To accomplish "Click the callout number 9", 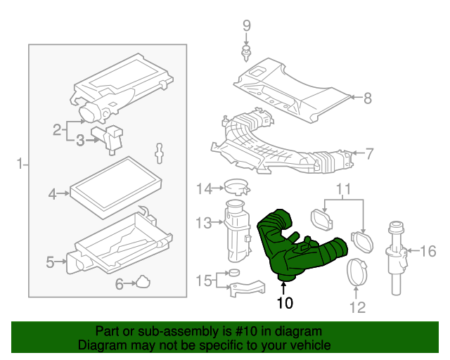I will click(247, 26).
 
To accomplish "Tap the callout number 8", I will click(367, 98).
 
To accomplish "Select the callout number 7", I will click(369, 153).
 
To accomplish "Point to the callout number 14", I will click(204, 188).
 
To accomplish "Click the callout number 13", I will click(203, 223).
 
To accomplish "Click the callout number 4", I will click(52, 193).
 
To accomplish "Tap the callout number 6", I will click(119, 283).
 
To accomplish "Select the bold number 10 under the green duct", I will click(284, 304).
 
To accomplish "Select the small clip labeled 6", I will click(143, 281).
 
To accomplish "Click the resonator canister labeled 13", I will click(236, 229).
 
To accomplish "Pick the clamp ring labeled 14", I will click(238, 188).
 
